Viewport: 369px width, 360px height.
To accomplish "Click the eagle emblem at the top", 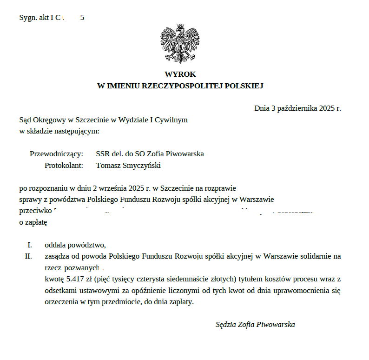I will (180, 43).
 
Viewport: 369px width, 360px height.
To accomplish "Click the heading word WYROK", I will (180, 74).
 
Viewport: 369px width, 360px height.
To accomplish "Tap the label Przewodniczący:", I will (56, 153).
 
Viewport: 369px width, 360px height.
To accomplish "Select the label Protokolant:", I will (64, 165).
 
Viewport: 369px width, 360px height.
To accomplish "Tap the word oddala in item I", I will (55, 245).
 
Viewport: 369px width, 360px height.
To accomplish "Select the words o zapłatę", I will (33, 222).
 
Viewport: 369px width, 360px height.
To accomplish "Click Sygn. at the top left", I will (27, 18).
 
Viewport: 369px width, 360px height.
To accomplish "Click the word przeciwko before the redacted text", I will (35, 210).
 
